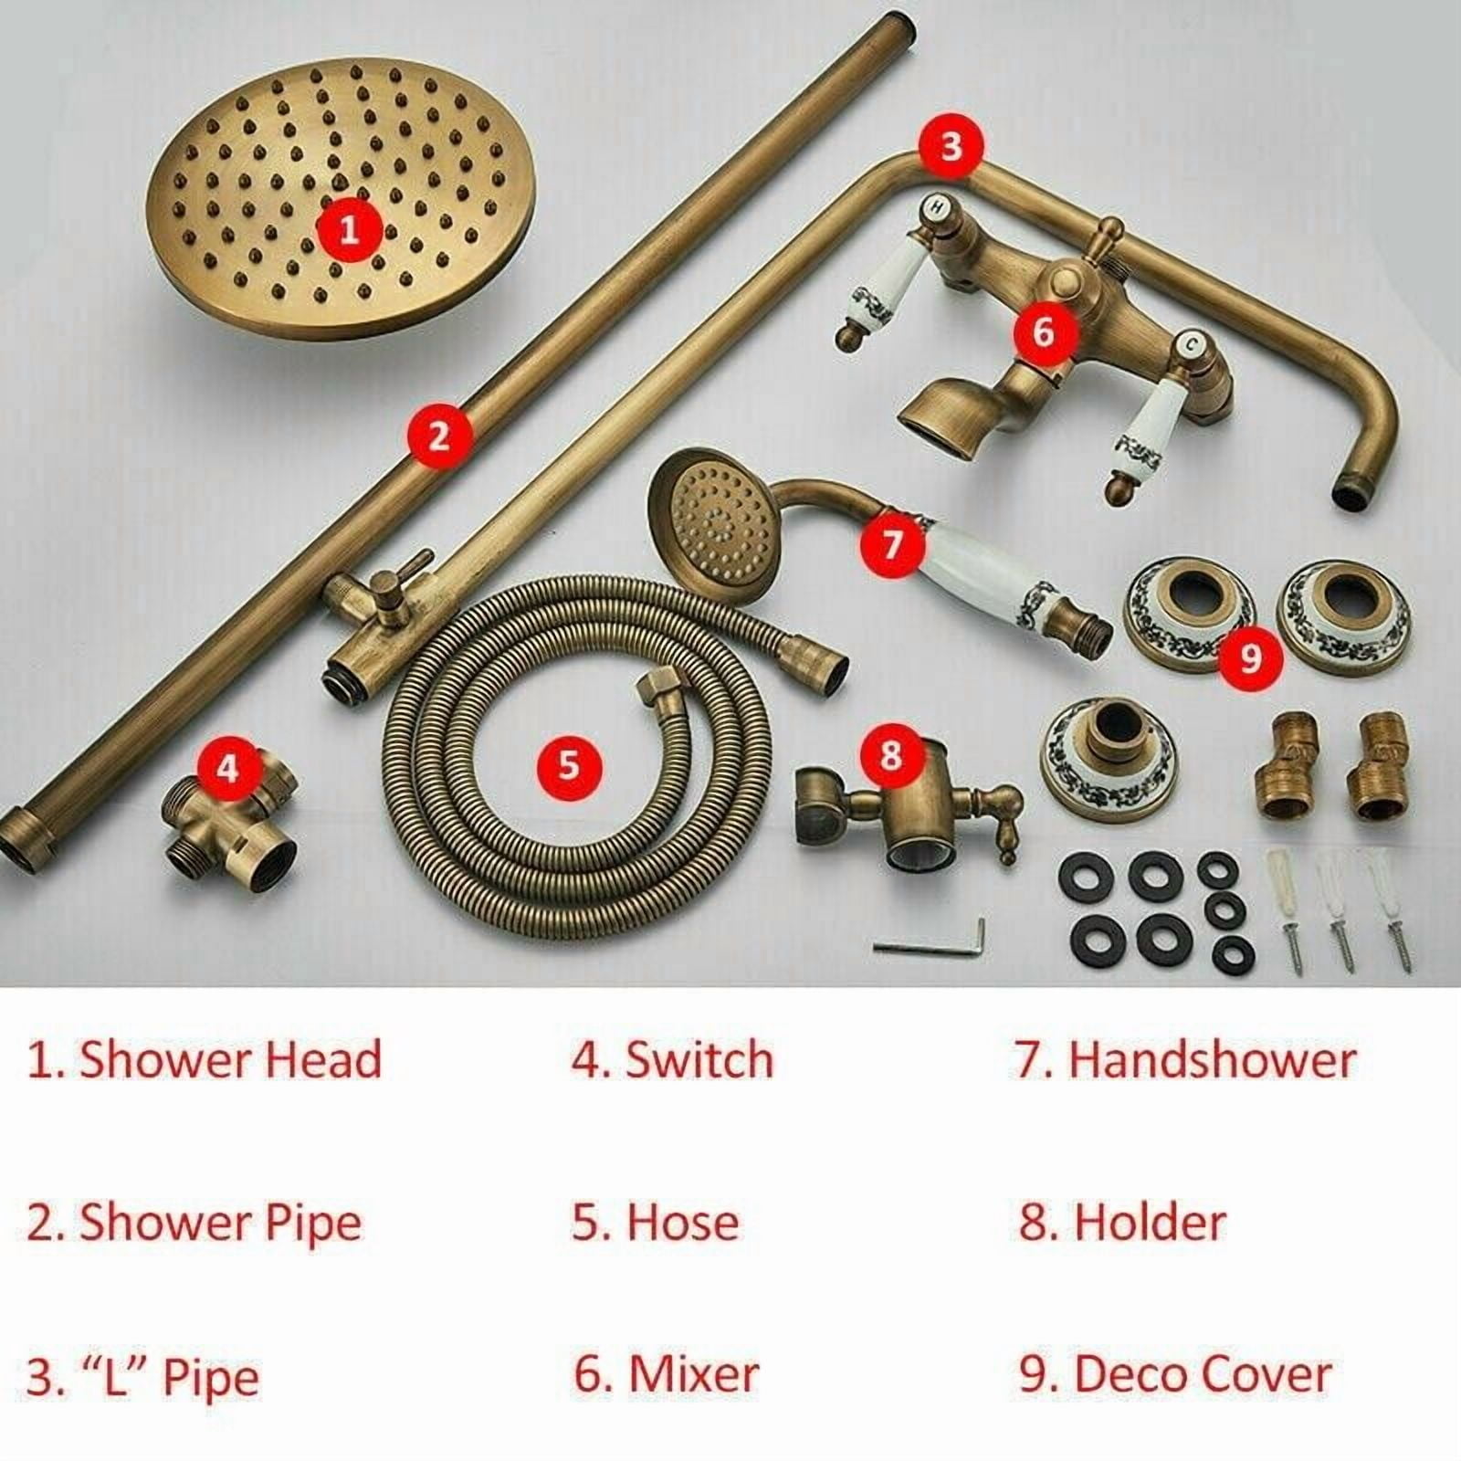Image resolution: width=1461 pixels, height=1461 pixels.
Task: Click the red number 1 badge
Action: (x=349, y=229)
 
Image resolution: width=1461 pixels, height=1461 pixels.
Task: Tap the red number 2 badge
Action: (x=439, y=436)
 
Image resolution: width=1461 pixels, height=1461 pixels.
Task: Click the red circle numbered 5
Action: (x=569, y=763)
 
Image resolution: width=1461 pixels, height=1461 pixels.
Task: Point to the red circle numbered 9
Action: (x=1250, y=656)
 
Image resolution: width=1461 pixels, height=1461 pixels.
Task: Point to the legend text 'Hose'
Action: (x=656, y=1222)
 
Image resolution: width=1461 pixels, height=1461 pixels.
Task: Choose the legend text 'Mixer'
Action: (x=667, y=1374)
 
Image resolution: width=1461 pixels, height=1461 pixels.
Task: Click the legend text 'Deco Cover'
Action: (x=1175, y=1374)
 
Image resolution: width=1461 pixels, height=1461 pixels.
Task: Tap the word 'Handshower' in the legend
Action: (x=1185, y=1060)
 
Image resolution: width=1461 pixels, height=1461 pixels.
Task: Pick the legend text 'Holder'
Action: (x=1122, y=1222)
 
